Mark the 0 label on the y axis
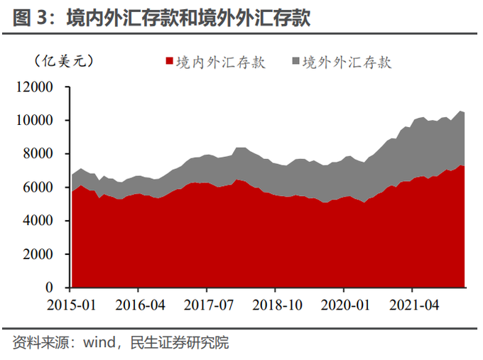pyautogui.click(x=50, y=288)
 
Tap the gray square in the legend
pyautogui.click(x=295, y=62)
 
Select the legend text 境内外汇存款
pyautogui.click(x=221, y=62)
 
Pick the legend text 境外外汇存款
pyautogui.click(x=347, y=62)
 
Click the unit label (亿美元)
pyautogui.click(x=64, y=62)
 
